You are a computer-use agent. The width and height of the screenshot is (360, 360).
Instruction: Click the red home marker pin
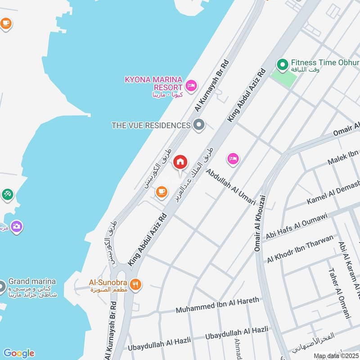coord(180,162)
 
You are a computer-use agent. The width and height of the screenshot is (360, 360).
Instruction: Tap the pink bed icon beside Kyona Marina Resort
coord(191,85)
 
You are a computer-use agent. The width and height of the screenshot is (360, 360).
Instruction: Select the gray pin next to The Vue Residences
coord(198,125)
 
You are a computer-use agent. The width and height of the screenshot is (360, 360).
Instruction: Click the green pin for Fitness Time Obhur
coord(282,66)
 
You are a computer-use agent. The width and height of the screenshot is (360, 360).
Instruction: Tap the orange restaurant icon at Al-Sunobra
coord(135,284)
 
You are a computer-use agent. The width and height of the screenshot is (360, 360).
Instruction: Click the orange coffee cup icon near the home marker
coord(162,192)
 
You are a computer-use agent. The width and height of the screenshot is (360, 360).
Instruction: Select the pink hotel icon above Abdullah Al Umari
coord(233,158)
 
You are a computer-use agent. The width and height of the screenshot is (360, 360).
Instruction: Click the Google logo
coord(18,353)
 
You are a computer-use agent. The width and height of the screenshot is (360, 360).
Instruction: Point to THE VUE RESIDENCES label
coord(151,125)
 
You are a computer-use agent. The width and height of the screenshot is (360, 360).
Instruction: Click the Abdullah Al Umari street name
coord(231,187)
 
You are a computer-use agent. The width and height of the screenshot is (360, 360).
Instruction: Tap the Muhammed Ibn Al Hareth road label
coord(217,306)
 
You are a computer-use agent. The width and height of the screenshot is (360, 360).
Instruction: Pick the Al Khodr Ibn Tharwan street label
coord(300,249)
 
